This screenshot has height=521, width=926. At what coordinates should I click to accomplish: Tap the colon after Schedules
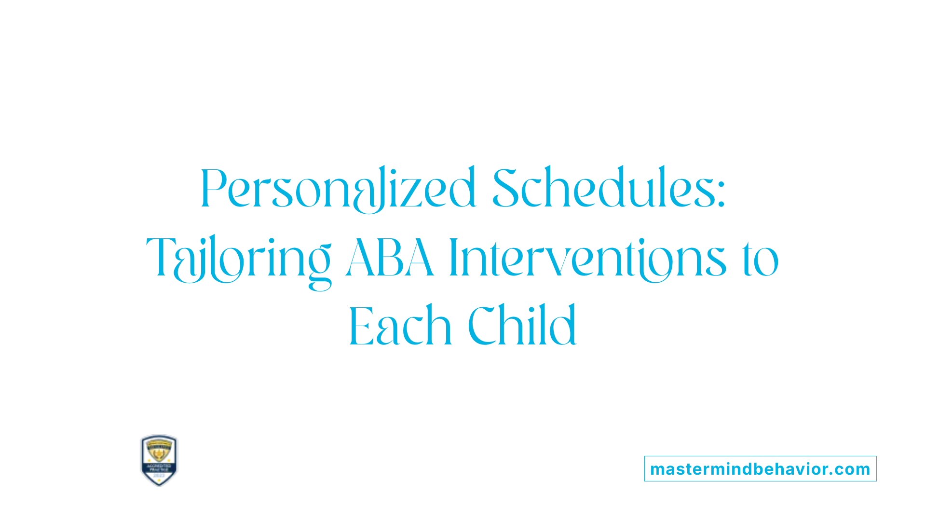(x=721, y=196)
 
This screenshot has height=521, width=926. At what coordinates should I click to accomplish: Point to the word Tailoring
(x=239, y=260)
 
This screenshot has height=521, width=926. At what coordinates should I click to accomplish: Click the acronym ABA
(x=390, y=259)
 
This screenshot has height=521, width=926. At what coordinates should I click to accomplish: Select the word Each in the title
(x=400, y=326)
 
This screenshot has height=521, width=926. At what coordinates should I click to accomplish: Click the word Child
(x=522, y=326)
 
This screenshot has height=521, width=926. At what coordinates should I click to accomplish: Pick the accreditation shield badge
(x=159, y=460)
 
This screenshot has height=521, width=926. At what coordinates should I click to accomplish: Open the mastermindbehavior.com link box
(x=760, y=469)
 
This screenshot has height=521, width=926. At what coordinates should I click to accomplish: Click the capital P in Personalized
(x=213, y=189)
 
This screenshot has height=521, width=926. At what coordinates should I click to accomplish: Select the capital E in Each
(x=361, y=327)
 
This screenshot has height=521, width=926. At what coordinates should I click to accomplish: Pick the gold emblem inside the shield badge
(x=159, y=452)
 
